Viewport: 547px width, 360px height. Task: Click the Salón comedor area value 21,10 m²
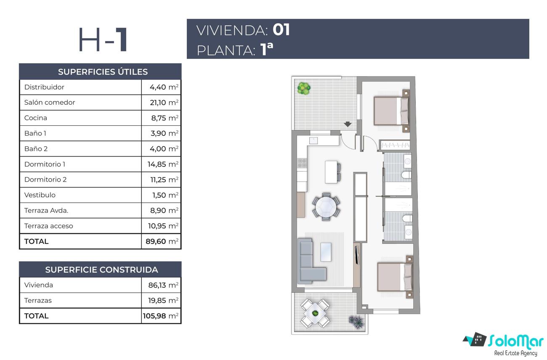coord(164,103)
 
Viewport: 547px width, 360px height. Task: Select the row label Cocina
coord(36,118)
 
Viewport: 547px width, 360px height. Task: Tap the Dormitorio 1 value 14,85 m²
coord(163,164)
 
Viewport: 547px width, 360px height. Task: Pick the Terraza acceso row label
coord(48,226)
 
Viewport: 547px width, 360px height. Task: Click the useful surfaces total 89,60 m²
coord(162,241)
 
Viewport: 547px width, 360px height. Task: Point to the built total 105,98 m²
coord(161,316)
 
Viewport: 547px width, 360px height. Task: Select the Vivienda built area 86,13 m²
coord(163,285)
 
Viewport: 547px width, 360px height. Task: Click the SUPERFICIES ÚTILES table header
coord(103,72)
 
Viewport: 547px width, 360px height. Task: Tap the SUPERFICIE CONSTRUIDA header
coord(101,270)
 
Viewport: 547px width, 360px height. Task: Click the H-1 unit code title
coord(103,40)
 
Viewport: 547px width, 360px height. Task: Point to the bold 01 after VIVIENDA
coord(281,30)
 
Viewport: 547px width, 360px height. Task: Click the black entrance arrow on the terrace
coord(348,124)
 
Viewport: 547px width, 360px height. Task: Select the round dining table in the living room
coord(326,207)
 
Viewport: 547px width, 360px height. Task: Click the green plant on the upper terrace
coord(304,88)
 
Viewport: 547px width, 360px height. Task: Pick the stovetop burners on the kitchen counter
coord(302,163)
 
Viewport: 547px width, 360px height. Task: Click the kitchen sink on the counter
coord(313,140)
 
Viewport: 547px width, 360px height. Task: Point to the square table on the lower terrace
coord(315,313)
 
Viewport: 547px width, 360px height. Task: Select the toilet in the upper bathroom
coord(406,175)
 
